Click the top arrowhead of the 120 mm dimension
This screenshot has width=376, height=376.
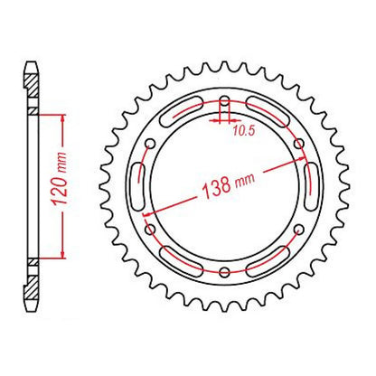(62, 118)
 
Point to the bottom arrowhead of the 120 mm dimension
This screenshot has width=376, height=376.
(62, 254)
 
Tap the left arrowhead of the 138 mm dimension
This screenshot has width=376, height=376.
(146, 206)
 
